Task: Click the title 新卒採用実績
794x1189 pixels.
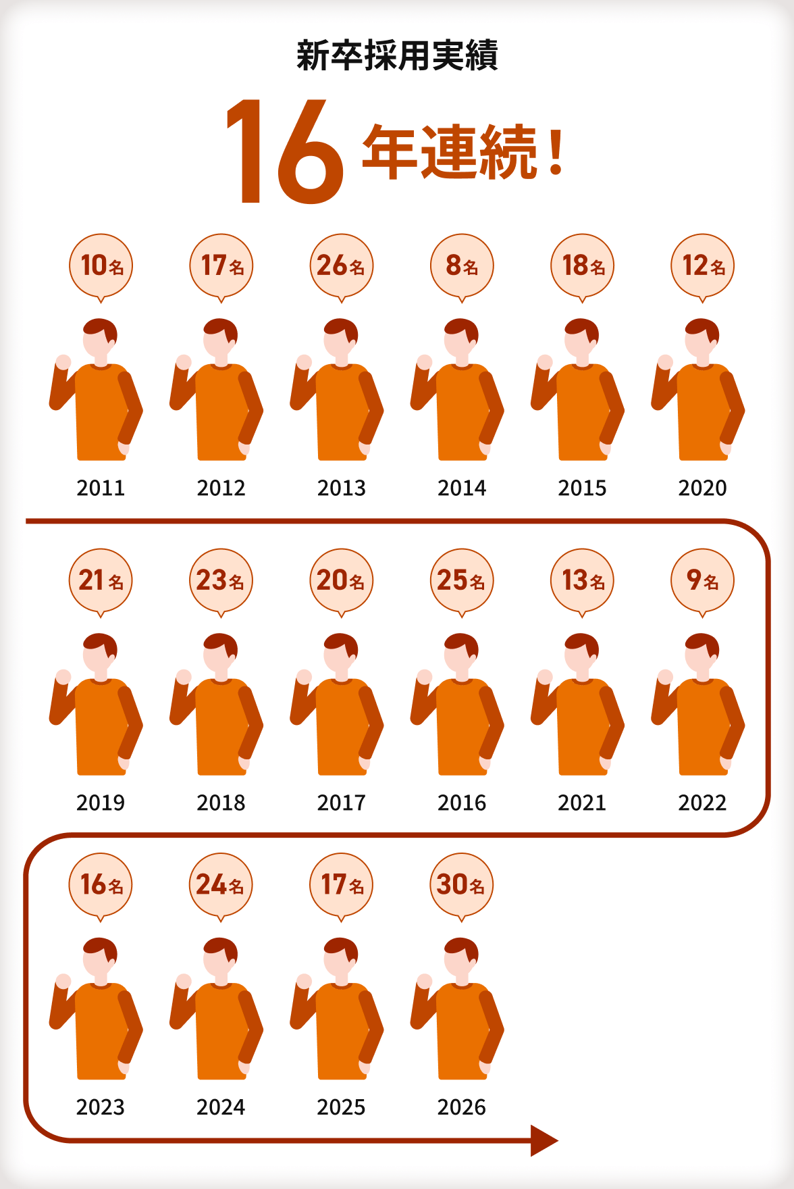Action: (397, 55)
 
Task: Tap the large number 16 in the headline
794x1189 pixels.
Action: (284, 151)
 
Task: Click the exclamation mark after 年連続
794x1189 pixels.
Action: (556, 153)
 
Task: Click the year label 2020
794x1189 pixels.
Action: (702, 488)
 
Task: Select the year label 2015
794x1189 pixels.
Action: (582, 488)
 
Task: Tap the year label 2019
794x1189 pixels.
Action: (101, 803)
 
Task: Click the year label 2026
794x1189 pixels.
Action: (462, 1107)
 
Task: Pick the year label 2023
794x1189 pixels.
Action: (101, 1107)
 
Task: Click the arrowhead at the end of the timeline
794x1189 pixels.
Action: (544, 1140)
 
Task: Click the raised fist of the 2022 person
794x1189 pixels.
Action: (665, 677)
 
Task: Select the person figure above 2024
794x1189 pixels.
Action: (216, 1008)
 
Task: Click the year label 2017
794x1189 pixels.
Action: (342, 803)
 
